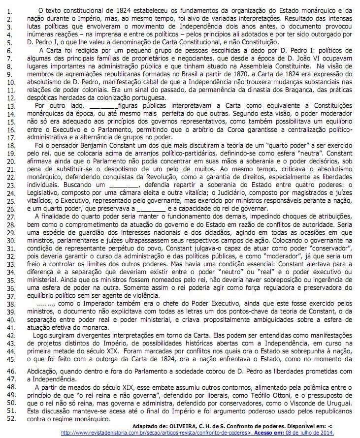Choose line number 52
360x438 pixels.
click(11, 418)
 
